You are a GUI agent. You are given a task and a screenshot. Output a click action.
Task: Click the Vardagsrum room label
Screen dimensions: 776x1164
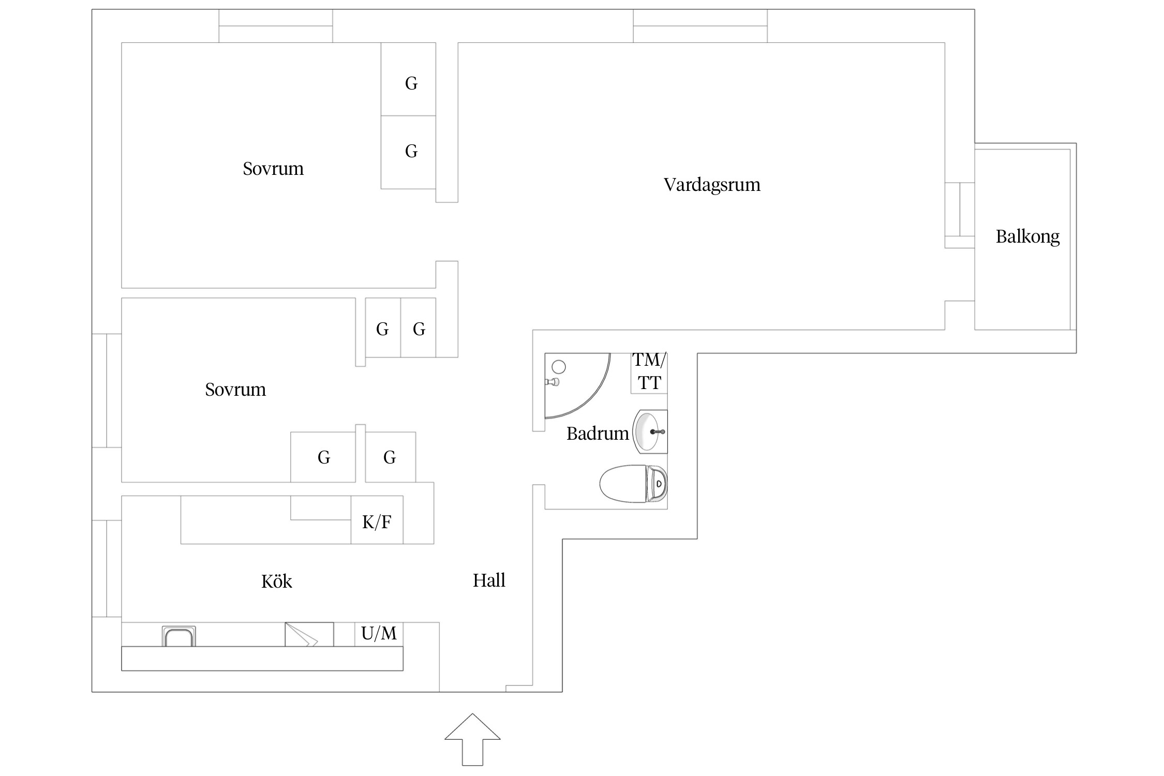tap(712, 185)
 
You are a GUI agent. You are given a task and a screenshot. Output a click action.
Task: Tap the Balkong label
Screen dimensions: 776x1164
tap(1027, 236)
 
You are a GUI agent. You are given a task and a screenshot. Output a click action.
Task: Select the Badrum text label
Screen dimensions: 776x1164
tap(597, 434)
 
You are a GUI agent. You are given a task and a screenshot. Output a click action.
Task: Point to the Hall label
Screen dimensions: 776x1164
tap(489, 580)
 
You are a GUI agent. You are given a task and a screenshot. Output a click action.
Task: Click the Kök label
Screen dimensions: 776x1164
tap(276, 581)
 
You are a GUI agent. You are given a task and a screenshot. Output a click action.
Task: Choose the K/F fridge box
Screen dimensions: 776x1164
tap(377, 521)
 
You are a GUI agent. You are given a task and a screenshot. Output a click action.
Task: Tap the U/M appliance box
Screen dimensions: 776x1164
tap(379, 634)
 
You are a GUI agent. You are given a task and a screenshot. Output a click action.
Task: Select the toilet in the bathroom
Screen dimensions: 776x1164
tap(633, 484)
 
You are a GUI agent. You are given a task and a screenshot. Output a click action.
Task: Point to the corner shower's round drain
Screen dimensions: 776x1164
tap(559, 367)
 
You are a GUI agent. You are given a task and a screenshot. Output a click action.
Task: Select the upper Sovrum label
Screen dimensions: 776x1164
tap(273, 169)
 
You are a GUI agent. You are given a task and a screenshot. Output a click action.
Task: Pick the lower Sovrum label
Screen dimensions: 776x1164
tap(235, 390)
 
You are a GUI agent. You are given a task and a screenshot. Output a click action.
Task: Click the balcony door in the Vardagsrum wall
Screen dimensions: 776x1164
tap(960, 215)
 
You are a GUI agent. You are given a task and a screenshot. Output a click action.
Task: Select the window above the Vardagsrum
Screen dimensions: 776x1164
tap(700, 26)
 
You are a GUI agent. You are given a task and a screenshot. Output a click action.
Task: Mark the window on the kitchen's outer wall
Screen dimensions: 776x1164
tap(107, 569)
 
